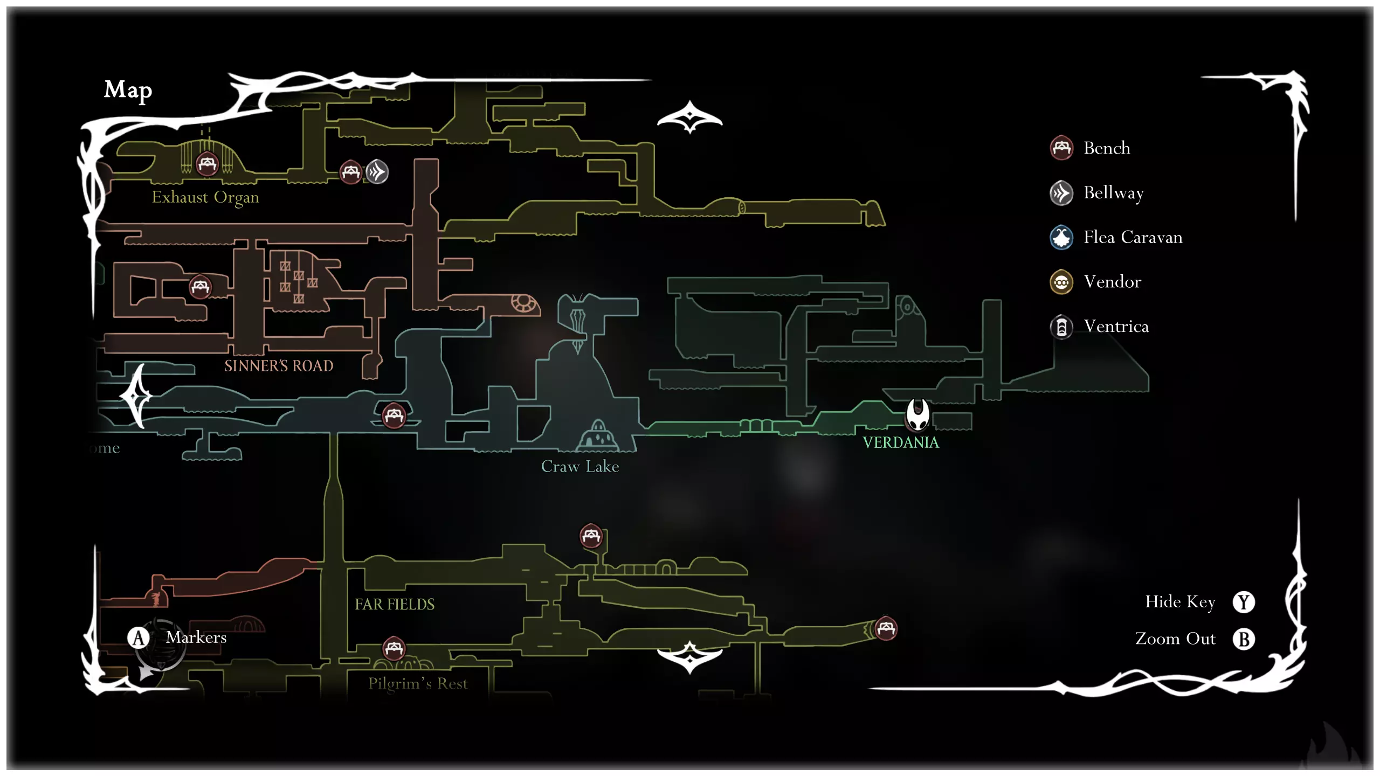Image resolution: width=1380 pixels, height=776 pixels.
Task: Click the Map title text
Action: coord(128,90)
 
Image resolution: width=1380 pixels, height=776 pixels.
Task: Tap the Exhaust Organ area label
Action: coord(205,197)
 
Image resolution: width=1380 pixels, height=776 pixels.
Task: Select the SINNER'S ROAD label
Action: coord(279,366)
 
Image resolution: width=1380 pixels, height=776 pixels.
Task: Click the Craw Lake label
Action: coord(580,466)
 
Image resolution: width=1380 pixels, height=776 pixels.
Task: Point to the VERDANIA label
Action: coord(901,442)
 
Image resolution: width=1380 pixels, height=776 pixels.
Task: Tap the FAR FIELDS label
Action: coord(395,604)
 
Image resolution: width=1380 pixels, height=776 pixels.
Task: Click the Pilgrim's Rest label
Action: coord(418,683)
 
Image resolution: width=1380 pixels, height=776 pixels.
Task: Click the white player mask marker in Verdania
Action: coord(917,414)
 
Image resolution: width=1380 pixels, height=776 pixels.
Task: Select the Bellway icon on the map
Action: coord(377,172)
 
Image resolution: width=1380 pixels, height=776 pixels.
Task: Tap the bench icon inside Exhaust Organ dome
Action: coord(207,163)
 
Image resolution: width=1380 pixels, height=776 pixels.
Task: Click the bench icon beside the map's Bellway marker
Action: coord(351,172)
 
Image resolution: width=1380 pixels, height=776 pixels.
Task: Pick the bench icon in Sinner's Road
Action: coord(201,287)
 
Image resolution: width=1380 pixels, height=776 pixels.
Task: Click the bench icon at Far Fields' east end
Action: coord(886,628)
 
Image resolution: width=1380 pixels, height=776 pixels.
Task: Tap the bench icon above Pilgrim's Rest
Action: coord(394,648)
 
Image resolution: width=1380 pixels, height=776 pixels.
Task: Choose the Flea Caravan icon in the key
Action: coord(1061,237)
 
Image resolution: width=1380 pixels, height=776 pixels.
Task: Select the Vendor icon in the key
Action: coord(1061,282)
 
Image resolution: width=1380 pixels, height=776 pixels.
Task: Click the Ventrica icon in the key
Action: coord(1061,327)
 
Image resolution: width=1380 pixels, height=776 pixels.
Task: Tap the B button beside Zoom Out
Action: coord(1244,639)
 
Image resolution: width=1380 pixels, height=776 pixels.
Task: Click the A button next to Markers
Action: coord(139,638)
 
